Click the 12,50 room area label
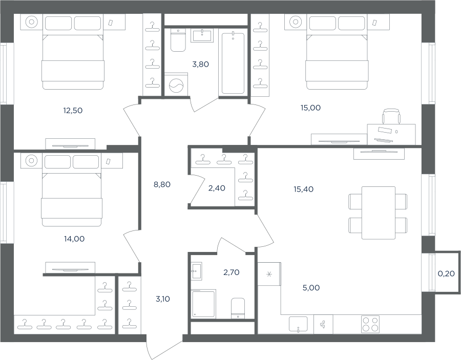[x=73, y=111]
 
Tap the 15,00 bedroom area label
[x=310, y=108]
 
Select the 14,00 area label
[x=74, y=239]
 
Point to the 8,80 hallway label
[x=162, y=184]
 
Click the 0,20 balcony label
[x=446, y=273]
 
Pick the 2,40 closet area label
[x=217, y=188]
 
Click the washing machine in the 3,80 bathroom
[x=176, y=84]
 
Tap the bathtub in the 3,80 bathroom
[x=233, y=63]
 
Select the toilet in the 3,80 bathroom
[x=178, y=40]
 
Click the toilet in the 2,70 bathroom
[x=238, y=308]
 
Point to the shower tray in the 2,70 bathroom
[x=203, y=303]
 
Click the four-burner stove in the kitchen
[x=370, y=324]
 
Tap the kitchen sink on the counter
[x=298, y=325]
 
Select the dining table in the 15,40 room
[x=379, y=213]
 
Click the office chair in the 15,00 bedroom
[x=391, y=116]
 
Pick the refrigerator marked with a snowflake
[x=269, y=274]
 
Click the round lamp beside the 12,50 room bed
[x=31, y=22]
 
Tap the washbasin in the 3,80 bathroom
[x=202, y=35]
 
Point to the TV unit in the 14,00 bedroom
[x=70, y=268]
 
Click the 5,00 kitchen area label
[x=311, y=288]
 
